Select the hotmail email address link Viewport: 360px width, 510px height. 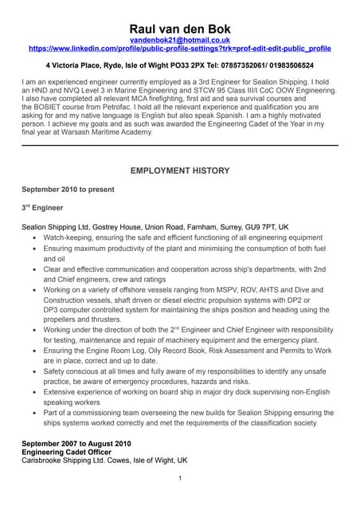[179, 39]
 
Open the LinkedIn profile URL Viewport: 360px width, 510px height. [179, 49]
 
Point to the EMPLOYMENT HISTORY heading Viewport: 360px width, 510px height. [179, 171]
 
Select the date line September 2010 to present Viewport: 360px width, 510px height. [68, 190]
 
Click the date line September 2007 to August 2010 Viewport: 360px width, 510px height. [76, 443]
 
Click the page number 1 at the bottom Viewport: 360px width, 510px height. [180, 478]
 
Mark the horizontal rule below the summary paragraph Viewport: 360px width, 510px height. [179, 145]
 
